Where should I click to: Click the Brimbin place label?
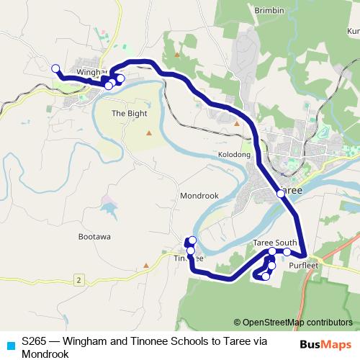269,10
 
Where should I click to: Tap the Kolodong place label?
234,155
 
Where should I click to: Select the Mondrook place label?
199,195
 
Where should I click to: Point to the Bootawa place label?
94,235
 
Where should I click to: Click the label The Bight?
128,114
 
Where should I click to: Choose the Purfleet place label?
302,265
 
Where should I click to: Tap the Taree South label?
275,243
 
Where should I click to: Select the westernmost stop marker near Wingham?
55,68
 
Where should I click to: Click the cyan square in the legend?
10,344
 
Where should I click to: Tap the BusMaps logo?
325,344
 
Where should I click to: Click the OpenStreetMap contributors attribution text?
293,323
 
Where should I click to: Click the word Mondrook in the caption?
45,354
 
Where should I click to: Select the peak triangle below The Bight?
149,133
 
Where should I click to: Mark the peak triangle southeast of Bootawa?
147,266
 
